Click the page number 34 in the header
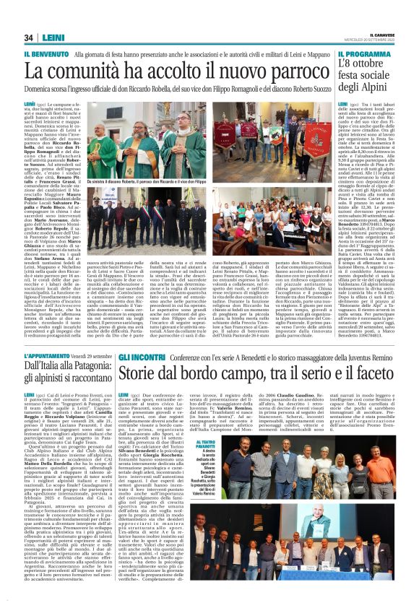28,38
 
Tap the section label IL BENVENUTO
47,55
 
